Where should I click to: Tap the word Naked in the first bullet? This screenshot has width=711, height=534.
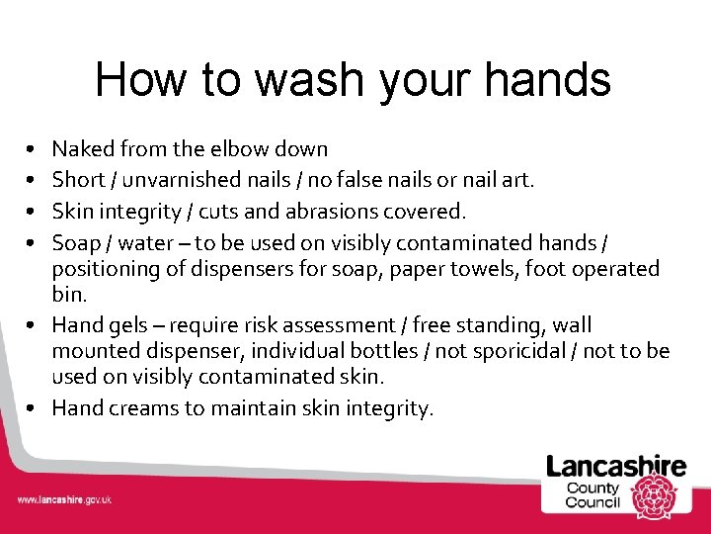point(82,149)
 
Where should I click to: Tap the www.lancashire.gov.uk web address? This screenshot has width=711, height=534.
point(64,500)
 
